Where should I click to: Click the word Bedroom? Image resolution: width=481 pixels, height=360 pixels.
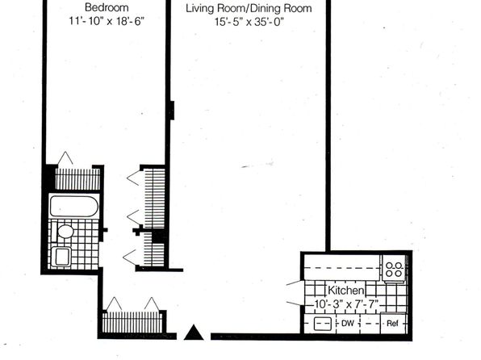point(107,7)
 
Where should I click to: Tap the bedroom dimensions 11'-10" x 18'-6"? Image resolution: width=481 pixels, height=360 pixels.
point(107,21)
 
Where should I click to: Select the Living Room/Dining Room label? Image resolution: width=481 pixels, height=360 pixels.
point(249,9)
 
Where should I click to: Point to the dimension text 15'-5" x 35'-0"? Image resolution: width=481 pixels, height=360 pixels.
point(249,22)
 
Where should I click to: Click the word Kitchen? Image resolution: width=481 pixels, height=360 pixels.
point(346,290)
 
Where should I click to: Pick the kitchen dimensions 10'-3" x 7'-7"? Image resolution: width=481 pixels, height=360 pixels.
point(346,304)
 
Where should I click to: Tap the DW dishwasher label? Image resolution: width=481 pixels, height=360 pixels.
point(348,323)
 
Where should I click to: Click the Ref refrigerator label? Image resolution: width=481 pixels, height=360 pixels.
point(392,323)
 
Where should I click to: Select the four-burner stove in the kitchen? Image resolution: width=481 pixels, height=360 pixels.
point(394,269)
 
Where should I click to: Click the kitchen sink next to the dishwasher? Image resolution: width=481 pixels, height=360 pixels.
point(323,324)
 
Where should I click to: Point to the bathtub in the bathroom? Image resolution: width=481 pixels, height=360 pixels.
point(74,207)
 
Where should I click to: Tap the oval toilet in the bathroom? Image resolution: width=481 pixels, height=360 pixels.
point(65,231)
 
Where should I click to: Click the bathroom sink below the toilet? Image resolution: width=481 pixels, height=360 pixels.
point(61,257)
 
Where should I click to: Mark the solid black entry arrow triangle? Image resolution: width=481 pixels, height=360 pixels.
point(194,333)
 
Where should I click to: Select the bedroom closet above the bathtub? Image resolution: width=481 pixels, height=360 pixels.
point(77,178)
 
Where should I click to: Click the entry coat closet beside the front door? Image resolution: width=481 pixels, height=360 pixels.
point(132,322)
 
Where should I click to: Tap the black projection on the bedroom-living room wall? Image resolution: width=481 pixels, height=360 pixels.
point(172,110)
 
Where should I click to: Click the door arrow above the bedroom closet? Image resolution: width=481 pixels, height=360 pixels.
point(65,158)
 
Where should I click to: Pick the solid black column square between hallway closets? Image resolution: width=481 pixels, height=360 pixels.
point(158,237)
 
